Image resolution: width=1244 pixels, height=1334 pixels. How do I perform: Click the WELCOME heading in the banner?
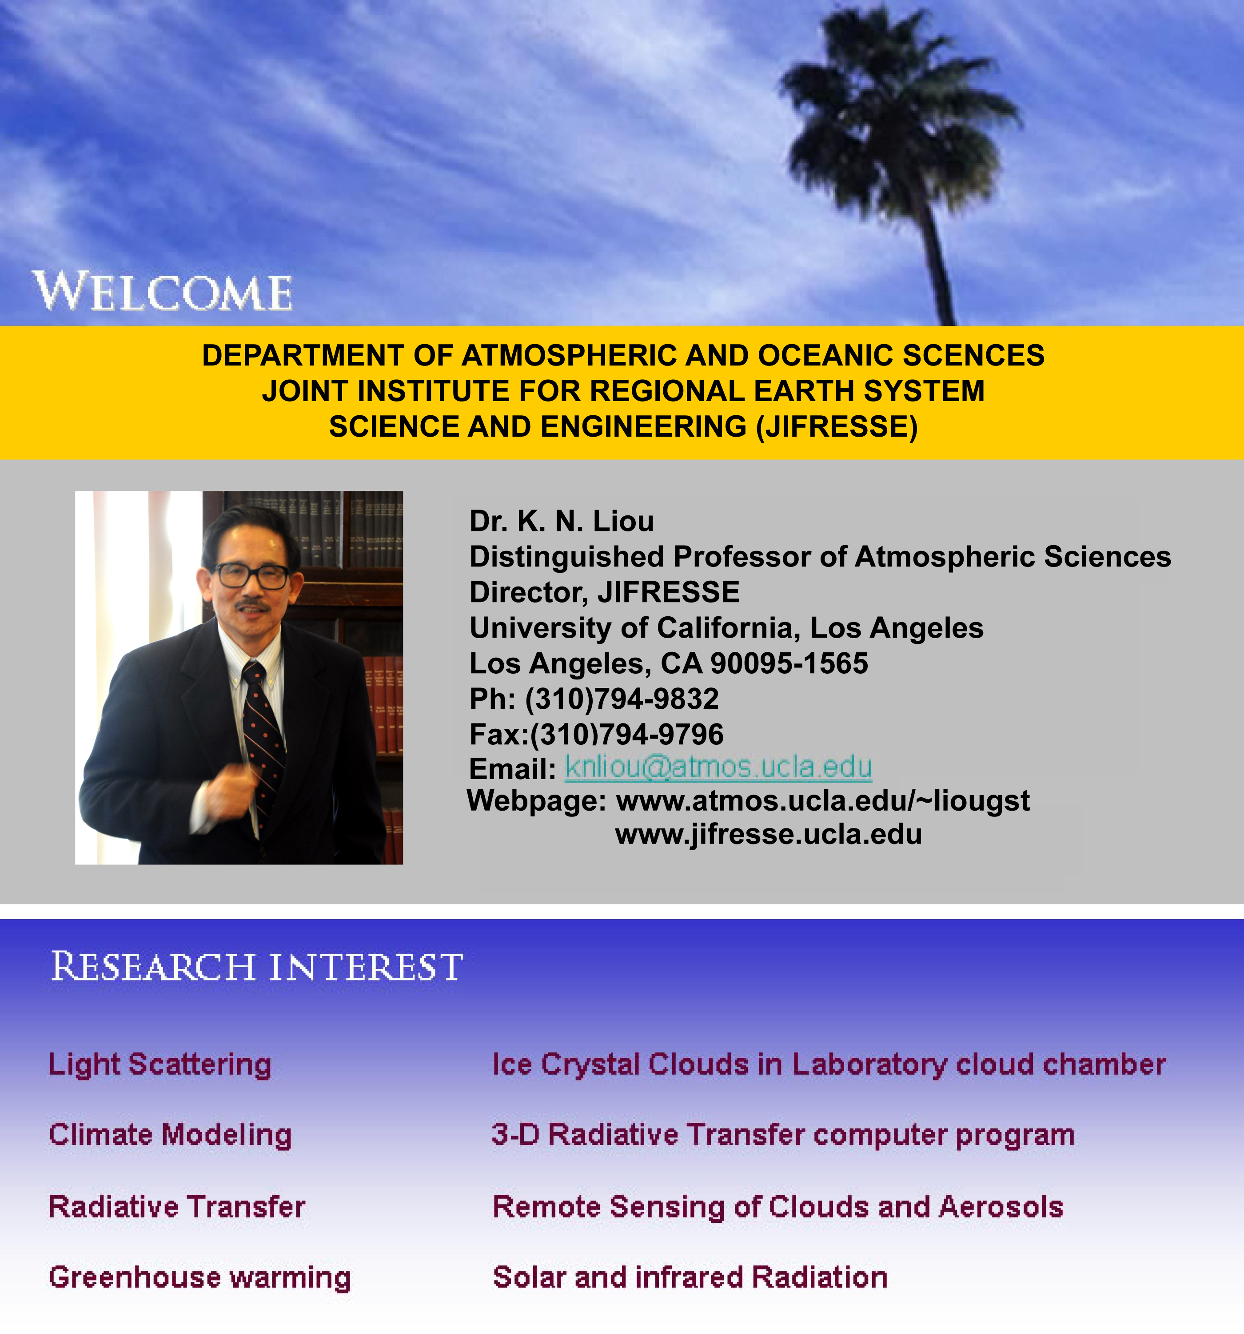tap(163, 291)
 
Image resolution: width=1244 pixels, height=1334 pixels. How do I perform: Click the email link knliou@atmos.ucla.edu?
tap(718, 767)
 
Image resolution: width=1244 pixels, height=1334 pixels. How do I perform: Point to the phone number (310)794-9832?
tap(621, 699)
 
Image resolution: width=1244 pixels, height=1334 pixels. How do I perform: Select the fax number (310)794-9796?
tap(626, 734)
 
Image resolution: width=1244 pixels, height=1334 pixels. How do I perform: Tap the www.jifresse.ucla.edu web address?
tap(769, 834)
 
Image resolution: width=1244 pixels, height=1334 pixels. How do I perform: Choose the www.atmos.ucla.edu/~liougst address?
tap(823, 800)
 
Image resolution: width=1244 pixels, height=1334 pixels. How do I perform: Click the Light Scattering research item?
tap(160, 1065)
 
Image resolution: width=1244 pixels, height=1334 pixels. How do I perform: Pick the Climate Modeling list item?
tap(170, 1135)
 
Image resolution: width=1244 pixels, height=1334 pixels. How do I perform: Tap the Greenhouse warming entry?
tap(200, 1278)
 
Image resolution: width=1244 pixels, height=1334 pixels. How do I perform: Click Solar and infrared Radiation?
tap(690, 1278)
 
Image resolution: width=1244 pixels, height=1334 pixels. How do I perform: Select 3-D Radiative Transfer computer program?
tap(783, 1135)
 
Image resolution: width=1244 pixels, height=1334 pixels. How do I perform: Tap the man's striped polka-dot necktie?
tap(263, 731)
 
